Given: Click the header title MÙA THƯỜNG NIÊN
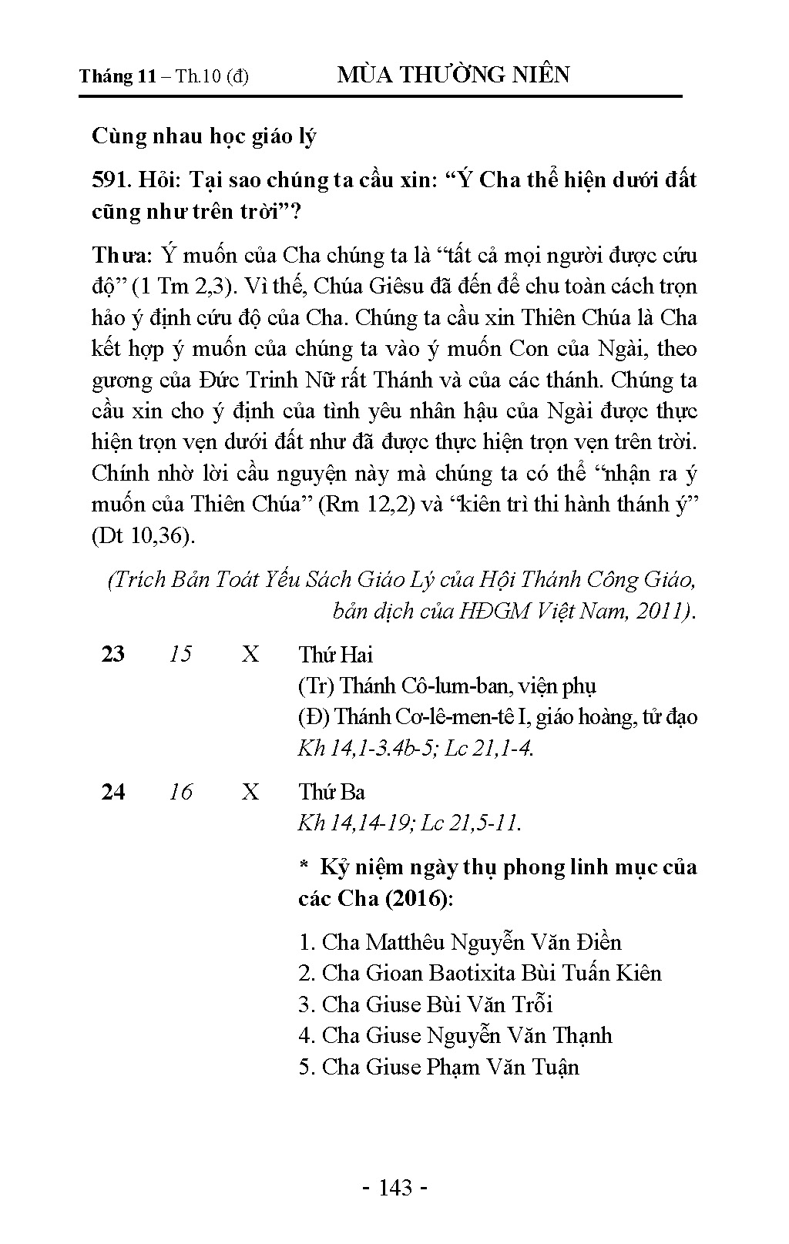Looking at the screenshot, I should pos(454,75).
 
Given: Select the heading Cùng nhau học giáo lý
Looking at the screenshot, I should pos(204,136).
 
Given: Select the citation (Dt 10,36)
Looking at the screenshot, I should pos(143,535).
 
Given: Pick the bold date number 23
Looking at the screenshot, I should pos(113,655).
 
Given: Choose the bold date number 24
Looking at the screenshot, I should pos(113,792).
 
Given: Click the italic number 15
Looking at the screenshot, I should pos(180,655).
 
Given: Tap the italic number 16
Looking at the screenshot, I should pos(180,792).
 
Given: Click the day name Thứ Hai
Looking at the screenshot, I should pos(335,655).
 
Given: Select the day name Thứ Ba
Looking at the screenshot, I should pos(331,792).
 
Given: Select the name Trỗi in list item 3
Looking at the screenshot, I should pos(529,1004).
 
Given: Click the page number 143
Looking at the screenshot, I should pos(395,1188).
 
